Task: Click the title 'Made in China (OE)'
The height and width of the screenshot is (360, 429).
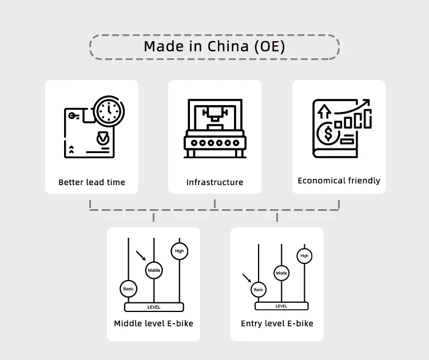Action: pyautogui.click(x=214, y=46)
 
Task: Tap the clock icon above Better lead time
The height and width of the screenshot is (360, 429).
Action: pyautogui.click(x=108, y=111)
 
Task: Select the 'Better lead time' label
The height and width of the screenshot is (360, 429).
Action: pyautogui.click(x=92, y=182)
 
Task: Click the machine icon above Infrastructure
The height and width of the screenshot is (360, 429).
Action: pyautogui.click(x=214, y=129)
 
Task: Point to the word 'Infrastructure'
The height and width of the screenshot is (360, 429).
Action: pyautogui.click(x=214, y=182)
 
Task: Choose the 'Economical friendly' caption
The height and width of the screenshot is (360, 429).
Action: pyautogui.click(x=339, y=181)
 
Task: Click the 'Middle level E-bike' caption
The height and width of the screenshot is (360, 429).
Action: pyautogui.click(x=153, y=323)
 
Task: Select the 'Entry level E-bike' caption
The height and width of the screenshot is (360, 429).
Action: pyautogui.click(x=277, y=323)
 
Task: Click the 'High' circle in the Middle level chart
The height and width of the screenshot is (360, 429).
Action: pyautogui.click(x=180, y=251)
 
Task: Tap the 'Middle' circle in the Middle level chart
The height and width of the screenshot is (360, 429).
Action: pyautogui.click(x=154, y=270)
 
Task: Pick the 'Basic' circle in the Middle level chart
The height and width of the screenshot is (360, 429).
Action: pyautogui.click(x=128, y=289)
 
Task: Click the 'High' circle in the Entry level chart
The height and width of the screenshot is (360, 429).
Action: pyautogui.click(x=304, y=255)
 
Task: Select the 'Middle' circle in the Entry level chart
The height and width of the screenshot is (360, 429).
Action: pyautogui.click(x=281, y=273)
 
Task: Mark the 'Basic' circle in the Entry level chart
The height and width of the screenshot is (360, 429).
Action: pyautogui.click(x=259, y=289)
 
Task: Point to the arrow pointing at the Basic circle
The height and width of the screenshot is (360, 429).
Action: pyautogui.click(x=247, y=278)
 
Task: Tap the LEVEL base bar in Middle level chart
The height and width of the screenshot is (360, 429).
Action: pyautogui.click(x=154, y=307)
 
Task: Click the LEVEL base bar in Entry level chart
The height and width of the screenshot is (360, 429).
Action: pyautogui.click(x=281, y=306)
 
